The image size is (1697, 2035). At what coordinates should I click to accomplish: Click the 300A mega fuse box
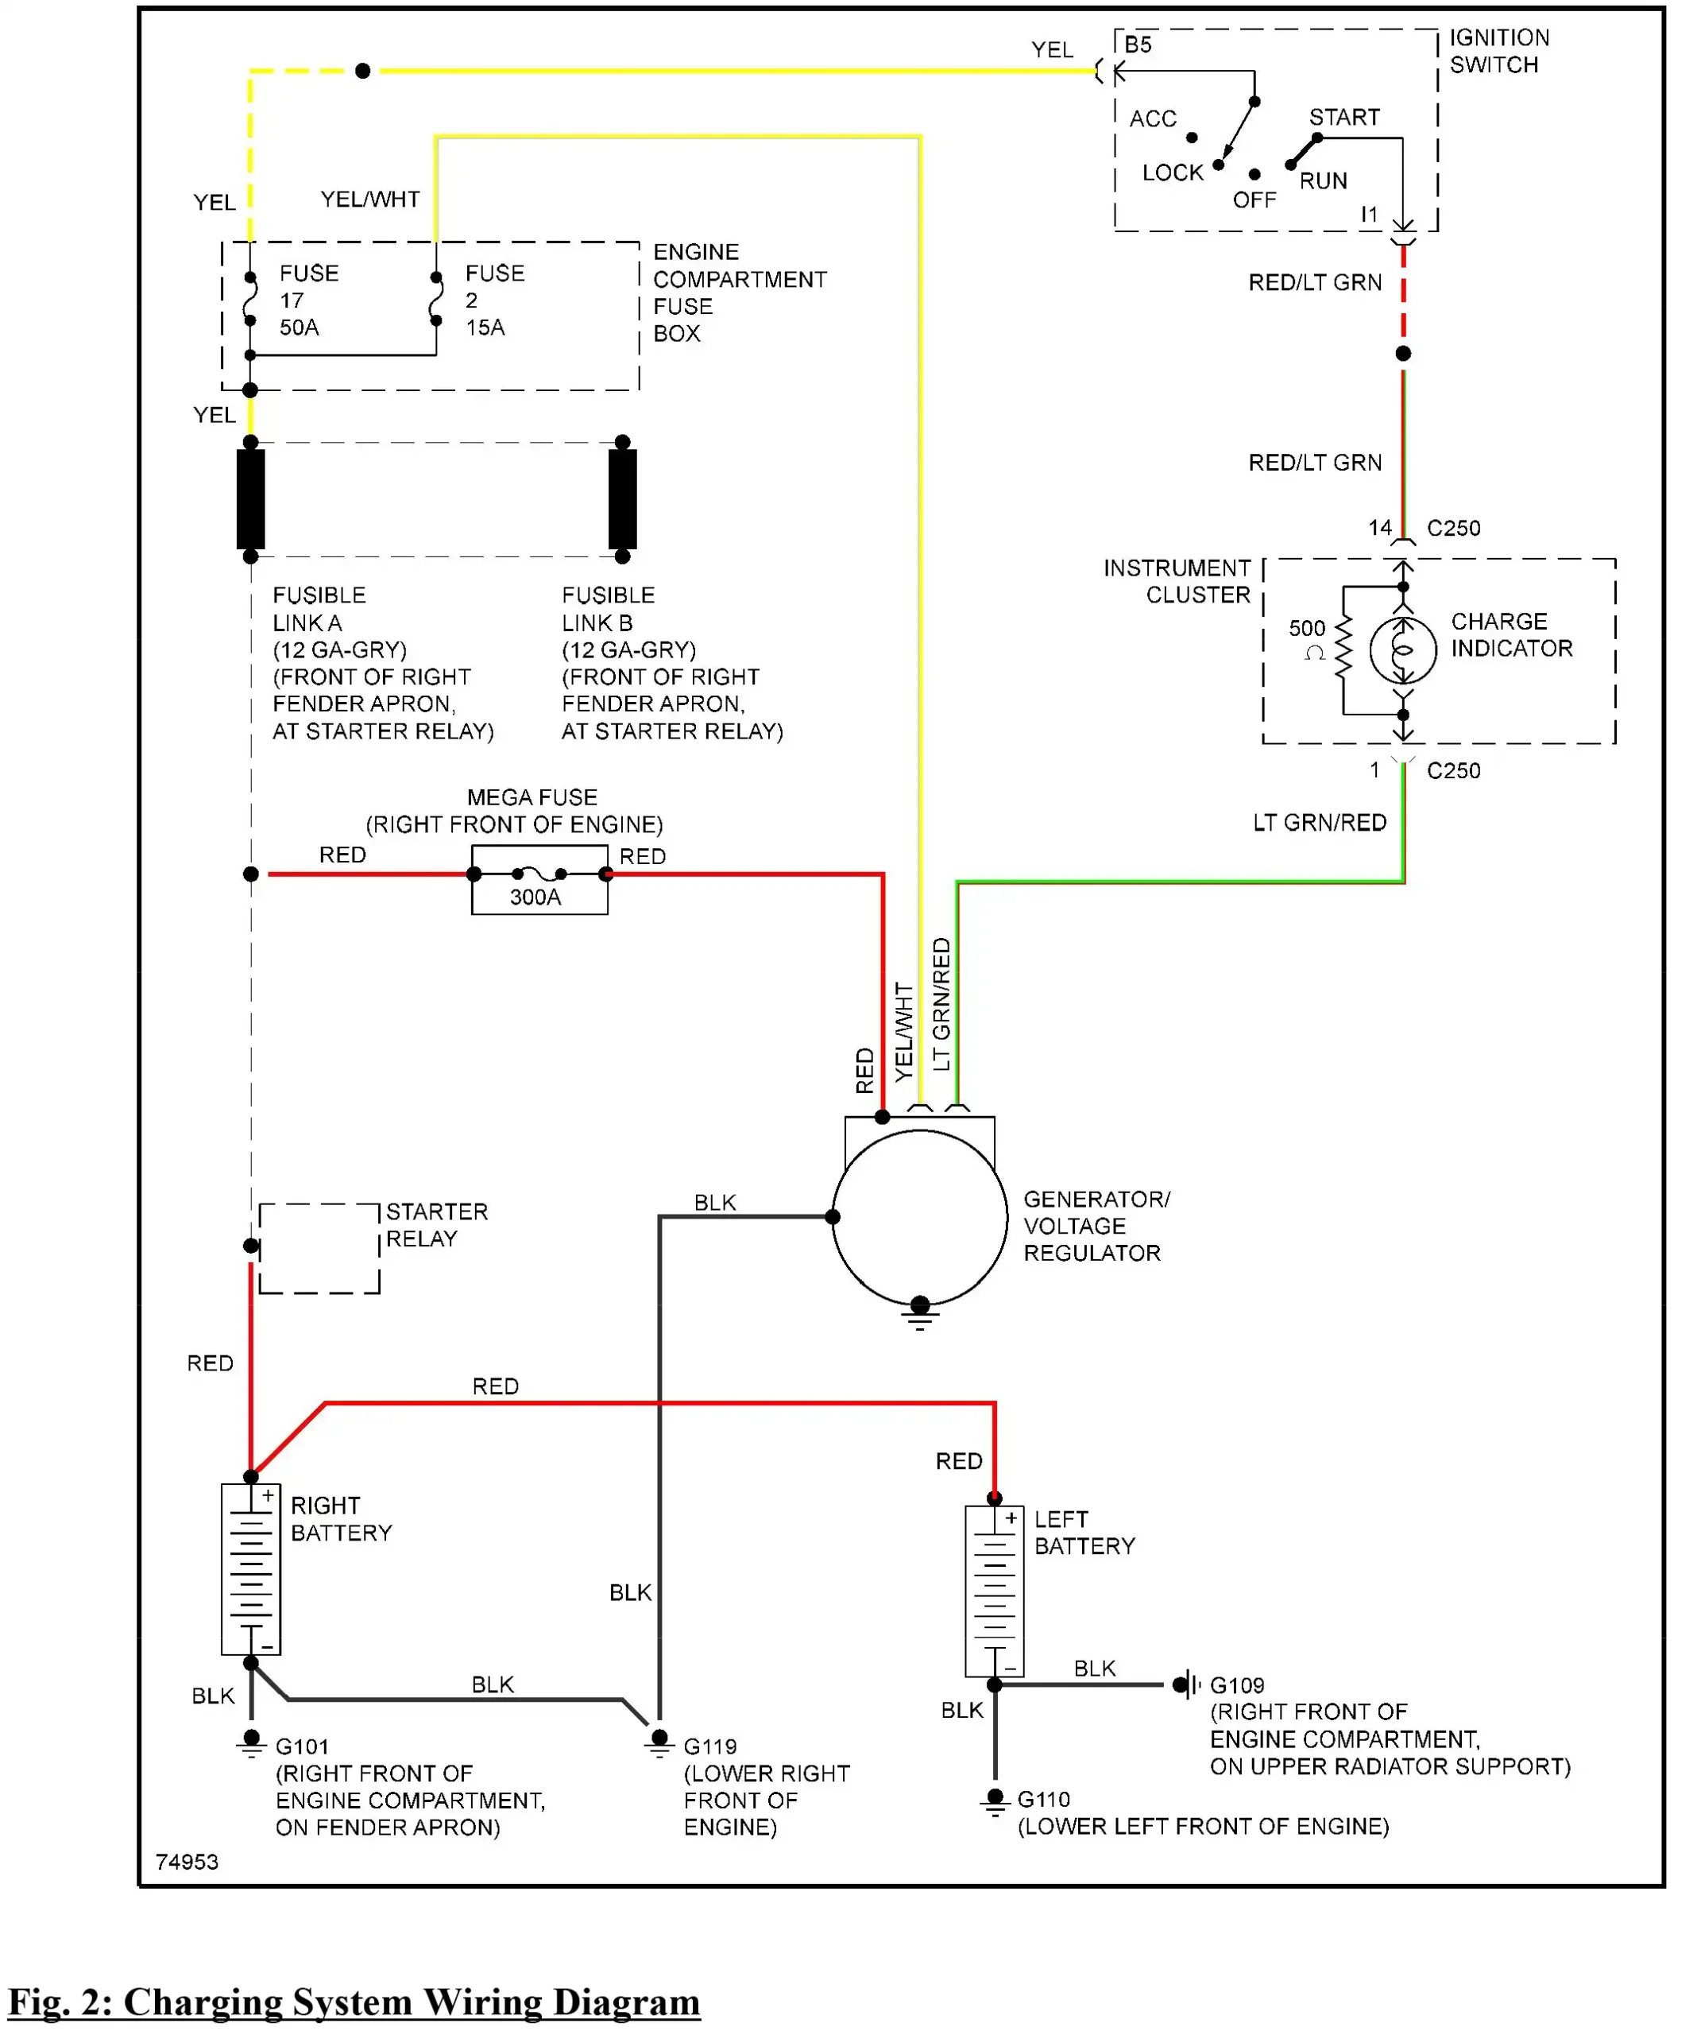point(539,880)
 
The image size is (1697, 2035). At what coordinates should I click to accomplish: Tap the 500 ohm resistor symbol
point(1343,650)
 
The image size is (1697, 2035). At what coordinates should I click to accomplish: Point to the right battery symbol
point(251,1569)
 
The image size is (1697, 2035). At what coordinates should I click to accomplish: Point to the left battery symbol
point(994,1591)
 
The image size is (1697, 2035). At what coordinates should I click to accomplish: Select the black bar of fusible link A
point(251,499)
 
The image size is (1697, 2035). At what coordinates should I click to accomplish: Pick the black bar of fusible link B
point(622,499)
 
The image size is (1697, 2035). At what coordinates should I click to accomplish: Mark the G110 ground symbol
point(994,1800)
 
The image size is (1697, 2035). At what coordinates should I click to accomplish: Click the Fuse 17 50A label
point(308,300)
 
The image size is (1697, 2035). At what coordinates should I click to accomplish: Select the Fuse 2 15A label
point(494,300)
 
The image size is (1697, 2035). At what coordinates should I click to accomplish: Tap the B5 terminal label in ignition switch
point(1138,45)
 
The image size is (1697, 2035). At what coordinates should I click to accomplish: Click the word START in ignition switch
point(1343,118)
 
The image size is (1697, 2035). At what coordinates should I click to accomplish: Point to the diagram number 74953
point(187,1862)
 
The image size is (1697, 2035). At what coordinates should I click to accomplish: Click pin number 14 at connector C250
point(1379,528)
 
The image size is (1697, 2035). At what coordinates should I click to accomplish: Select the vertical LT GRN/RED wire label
point(941,1004)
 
